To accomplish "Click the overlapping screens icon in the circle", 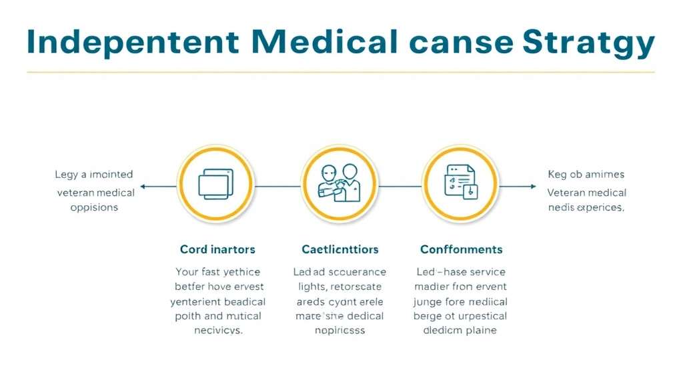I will [216, 183].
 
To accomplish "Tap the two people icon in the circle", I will [339, 183].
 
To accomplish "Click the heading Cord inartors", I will [217, 249].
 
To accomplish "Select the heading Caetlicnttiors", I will [339, 249].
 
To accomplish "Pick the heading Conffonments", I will [461, 249].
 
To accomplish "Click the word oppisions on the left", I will [94, 207].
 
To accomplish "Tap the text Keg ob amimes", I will [586, 175].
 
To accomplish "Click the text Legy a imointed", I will [93, 175].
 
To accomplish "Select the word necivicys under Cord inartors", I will [217, 331].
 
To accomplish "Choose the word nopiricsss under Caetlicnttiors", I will [339, 331].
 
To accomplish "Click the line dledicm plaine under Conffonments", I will [460, 331].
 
